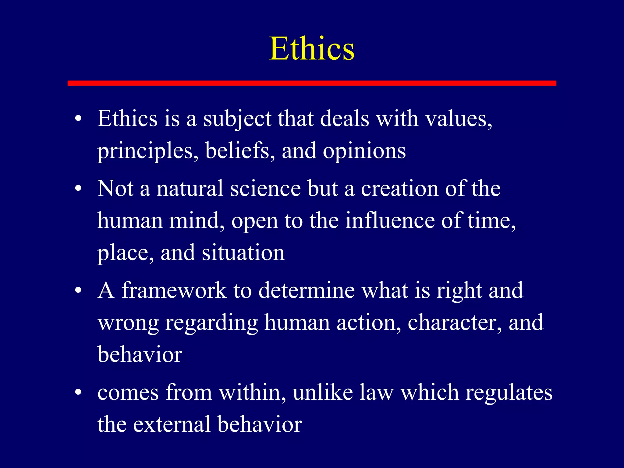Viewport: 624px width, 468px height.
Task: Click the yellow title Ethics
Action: [x=312, y=49]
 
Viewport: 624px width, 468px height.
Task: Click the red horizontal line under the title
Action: [x=312, y=83]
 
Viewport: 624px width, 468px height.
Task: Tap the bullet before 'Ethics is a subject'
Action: [x=78, y=119]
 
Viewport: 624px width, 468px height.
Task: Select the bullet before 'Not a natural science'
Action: [x=78, y=189]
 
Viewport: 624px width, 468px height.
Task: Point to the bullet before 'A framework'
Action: [x=78, y=291]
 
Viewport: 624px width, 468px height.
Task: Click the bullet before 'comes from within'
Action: [x=78, y=393]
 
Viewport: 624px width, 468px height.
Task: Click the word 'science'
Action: [x=265, y=189]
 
